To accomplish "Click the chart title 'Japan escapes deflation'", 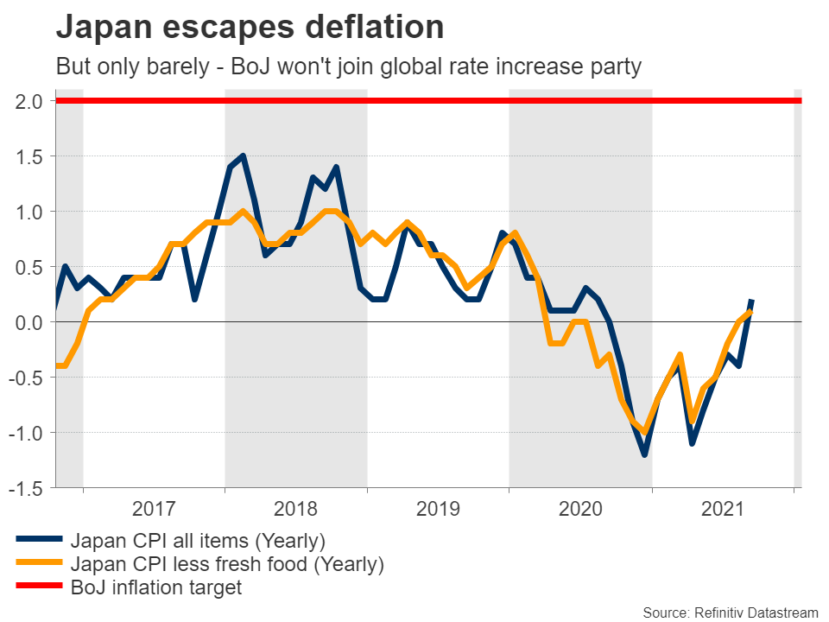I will coord(250,28).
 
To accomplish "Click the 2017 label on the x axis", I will coord(155,508).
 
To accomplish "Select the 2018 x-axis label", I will coord(296,508).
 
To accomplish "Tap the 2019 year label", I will coord(438,508).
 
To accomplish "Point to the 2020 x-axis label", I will coord(580,508).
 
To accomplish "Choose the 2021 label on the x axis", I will coord(723,508).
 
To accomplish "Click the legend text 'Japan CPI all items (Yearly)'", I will coord(198,542).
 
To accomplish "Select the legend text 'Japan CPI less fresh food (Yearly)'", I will coord(227,565).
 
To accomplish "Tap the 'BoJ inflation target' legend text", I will coord(156,588).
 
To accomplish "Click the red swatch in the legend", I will coord(39,587).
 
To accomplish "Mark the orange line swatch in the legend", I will coord(39,564).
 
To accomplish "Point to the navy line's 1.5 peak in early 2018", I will coord(244,156).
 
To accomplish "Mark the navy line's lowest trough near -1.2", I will coord(644,454).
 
